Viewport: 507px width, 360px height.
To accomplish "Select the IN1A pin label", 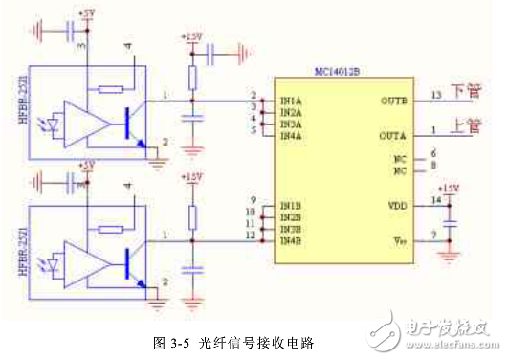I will (x=291, y=100).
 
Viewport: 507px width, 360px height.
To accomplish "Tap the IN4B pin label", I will (x=291, y=239).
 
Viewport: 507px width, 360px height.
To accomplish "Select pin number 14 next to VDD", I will (x=435, y=199).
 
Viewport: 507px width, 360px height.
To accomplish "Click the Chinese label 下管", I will (x=467, y=93).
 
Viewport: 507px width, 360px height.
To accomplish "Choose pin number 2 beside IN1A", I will (x=253, y=94).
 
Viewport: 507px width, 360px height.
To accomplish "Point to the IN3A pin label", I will (x=291, y=124).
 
